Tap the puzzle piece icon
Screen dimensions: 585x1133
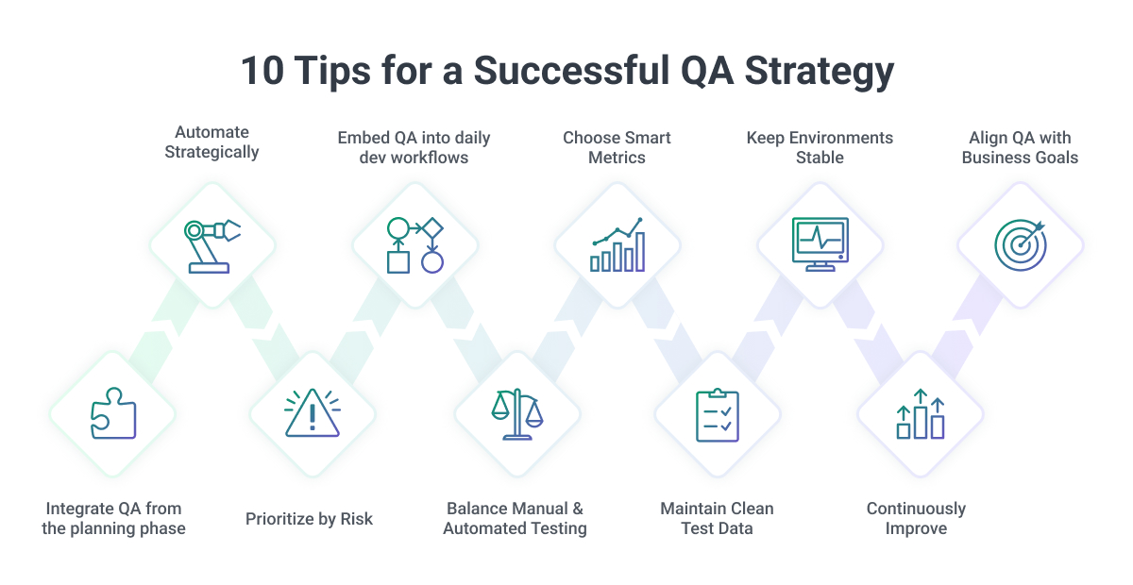[112, 413]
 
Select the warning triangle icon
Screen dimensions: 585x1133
[313, 413]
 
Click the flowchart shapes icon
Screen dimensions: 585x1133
[414, 244]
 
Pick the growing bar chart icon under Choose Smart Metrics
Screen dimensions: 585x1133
[617, 244]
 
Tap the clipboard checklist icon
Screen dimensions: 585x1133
[718, 415]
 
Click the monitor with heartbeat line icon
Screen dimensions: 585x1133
[820, 244]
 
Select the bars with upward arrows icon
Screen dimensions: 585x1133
[920, 415]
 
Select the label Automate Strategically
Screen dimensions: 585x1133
[211, 142]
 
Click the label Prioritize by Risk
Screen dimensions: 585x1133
[309, 518]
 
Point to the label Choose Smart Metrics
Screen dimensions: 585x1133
[617, 147]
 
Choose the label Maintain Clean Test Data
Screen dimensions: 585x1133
[717, 518]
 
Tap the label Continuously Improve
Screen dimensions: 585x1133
[916, 518]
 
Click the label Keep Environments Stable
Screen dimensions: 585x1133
[820, 147]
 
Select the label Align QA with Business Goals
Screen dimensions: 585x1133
[1020, 147]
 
